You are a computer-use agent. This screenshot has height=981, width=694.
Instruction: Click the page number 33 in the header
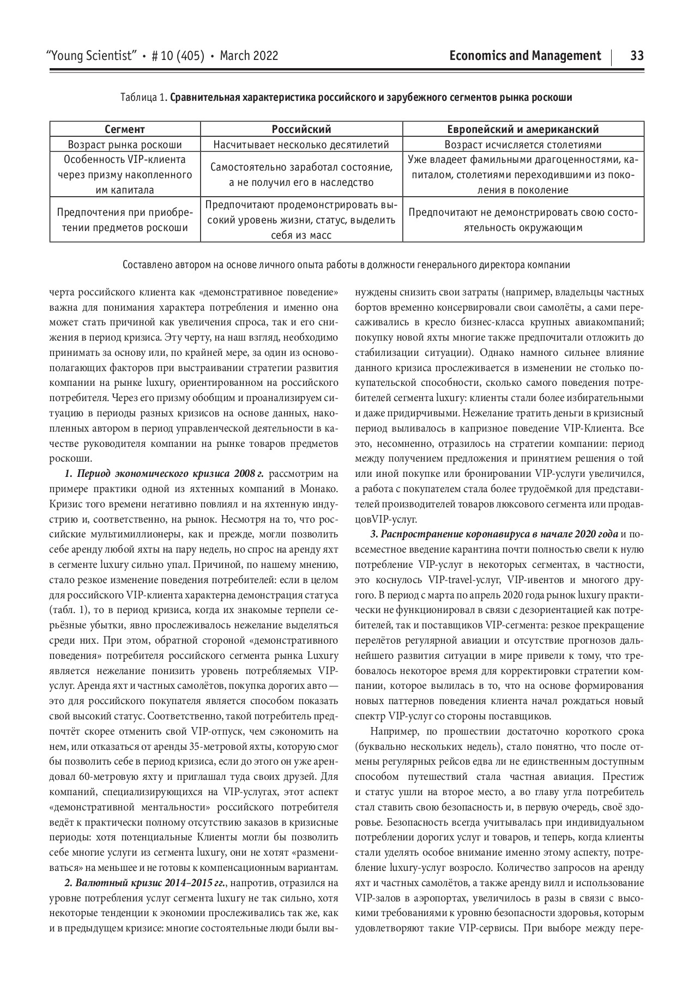(x=637, y=56)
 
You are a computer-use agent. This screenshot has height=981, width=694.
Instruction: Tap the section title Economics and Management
(x=525, y=56)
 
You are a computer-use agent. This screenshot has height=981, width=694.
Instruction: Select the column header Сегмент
(x=125, y=129)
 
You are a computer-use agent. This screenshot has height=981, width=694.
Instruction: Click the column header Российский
(x=301, y=129)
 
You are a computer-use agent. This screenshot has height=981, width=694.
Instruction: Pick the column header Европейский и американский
(x=523, y=129)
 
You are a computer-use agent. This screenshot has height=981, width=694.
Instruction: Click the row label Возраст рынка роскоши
(x=125, y=145)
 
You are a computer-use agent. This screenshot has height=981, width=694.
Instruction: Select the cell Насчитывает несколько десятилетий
(x=301, y=145)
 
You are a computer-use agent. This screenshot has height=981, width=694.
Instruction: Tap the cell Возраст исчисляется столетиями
(x=523, y=145)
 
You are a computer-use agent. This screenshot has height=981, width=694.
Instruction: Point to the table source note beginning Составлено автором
(x=346, y=265)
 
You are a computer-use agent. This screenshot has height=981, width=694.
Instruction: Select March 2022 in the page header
(x=249, y=56)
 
